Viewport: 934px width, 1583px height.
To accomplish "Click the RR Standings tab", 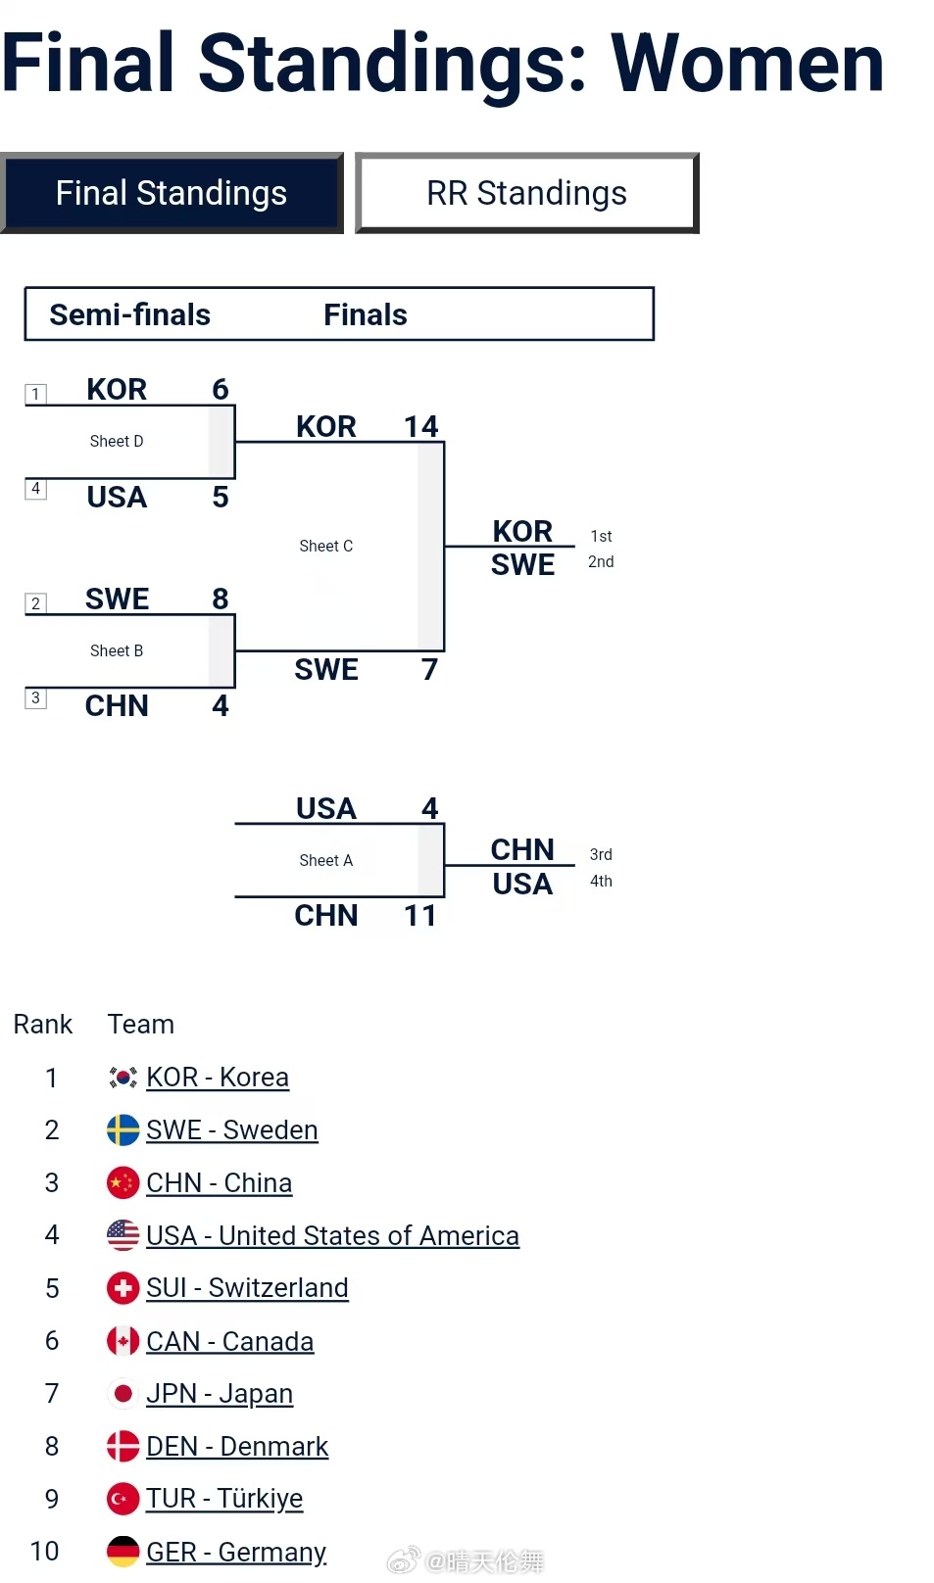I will (x=526, y=193).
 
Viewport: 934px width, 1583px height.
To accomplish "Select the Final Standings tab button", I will (x=172, y=193).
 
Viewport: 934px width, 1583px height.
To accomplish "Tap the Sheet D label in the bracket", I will (x=117, y=442).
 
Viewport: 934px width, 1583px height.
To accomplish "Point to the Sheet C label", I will (x=326, y=547).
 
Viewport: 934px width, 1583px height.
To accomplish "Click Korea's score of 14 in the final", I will (x=421, y=426).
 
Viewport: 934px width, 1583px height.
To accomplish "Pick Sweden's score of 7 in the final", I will (x=429, y=670).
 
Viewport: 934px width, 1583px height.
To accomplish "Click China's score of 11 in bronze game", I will (x=420, y=916).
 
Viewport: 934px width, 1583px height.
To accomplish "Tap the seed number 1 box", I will (x=35, y=394).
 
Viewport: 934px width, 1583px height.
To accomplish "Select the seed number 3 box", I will (x=35, y=697).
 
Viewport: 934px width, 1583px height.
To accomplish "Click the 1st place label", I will (x=601, y=537).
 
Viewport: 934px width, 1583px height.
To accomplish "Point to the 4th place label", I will (x=601, y=882).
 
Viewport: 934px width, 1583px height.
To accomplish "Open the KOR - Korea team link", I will (x=218, y=1078).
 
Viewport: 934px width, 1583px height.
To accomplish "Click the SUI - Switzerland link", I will (x=247, y=1288).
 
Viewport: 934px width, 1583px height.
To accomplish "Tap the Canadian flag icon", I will (x=123, y=1341).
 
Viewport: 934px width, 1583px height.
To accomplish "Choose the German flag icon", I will (x=123, y=1552).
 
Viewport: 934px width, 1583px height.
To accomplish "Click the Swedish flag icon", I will (x=123, y=1130).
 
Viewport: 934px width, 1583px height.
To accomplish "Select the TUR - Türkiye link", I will (x=224, y=1499).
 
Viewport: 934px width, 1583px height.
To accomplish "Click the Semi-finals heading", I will (x=130, y=314).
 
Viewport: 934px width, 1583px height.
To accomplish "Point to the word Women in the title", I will (x=747, y=64).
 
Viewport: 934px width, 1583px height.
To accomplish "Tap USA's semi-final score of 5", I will (x=221, y=498).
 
